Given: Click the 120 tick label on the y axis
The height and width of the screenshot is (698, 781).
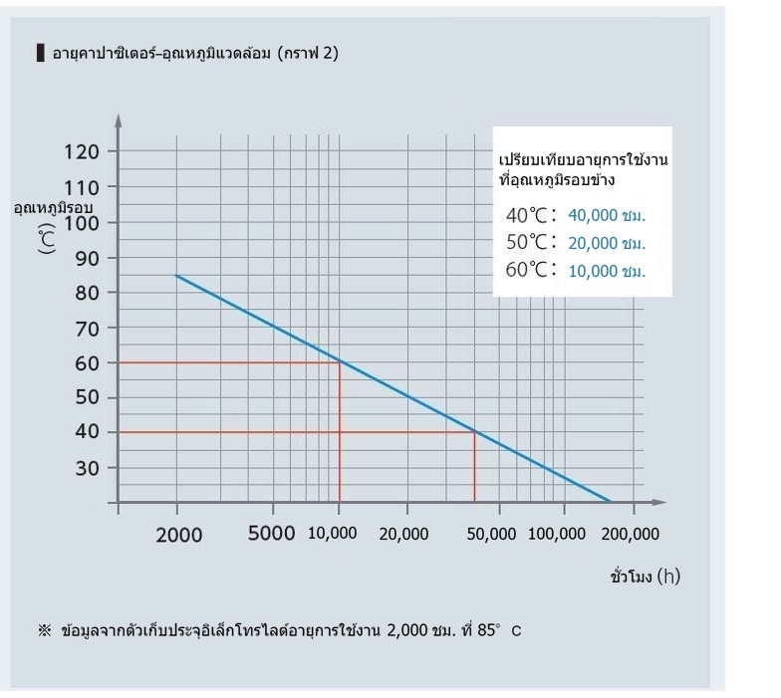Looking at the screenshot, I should (x=82, y=152).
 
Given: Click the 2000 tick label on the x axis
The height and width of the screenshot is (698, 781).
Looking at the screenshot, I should (x=179, y=535).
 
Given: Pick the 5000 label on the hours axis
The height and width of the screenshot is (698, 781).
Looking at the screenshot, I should (x=271, y=534).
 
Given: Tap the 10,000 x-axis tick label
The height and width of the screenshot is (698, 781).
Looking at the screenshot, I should (x=331, y=534).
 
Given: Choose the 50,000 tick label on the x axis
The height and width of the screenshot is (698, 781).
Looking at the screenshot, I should (x=492, y=534).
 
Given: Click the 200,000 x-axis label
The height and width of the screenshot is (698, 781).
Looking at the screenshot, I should (x=631, y=534).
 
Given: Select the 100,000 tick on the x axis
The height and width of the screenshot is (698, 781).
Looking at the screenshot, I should (x=557, y=534).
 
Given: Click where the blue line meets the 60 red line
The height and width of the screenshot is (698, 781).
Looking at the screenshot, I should (x=340, y=361).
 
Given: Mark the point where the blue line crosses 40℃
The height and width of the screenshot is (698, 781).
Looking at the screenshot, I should (x=474, y=431).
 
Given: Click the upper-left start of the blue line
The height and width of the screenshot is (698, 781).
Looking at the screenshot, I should (x=177, y=275).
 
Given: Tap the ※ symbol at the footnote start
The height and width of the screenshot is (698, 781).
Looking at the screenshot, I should (x=43, y=631).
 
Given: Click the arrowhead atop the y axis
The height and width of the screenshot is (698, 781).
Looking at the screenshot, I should (x=118, y=120).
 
